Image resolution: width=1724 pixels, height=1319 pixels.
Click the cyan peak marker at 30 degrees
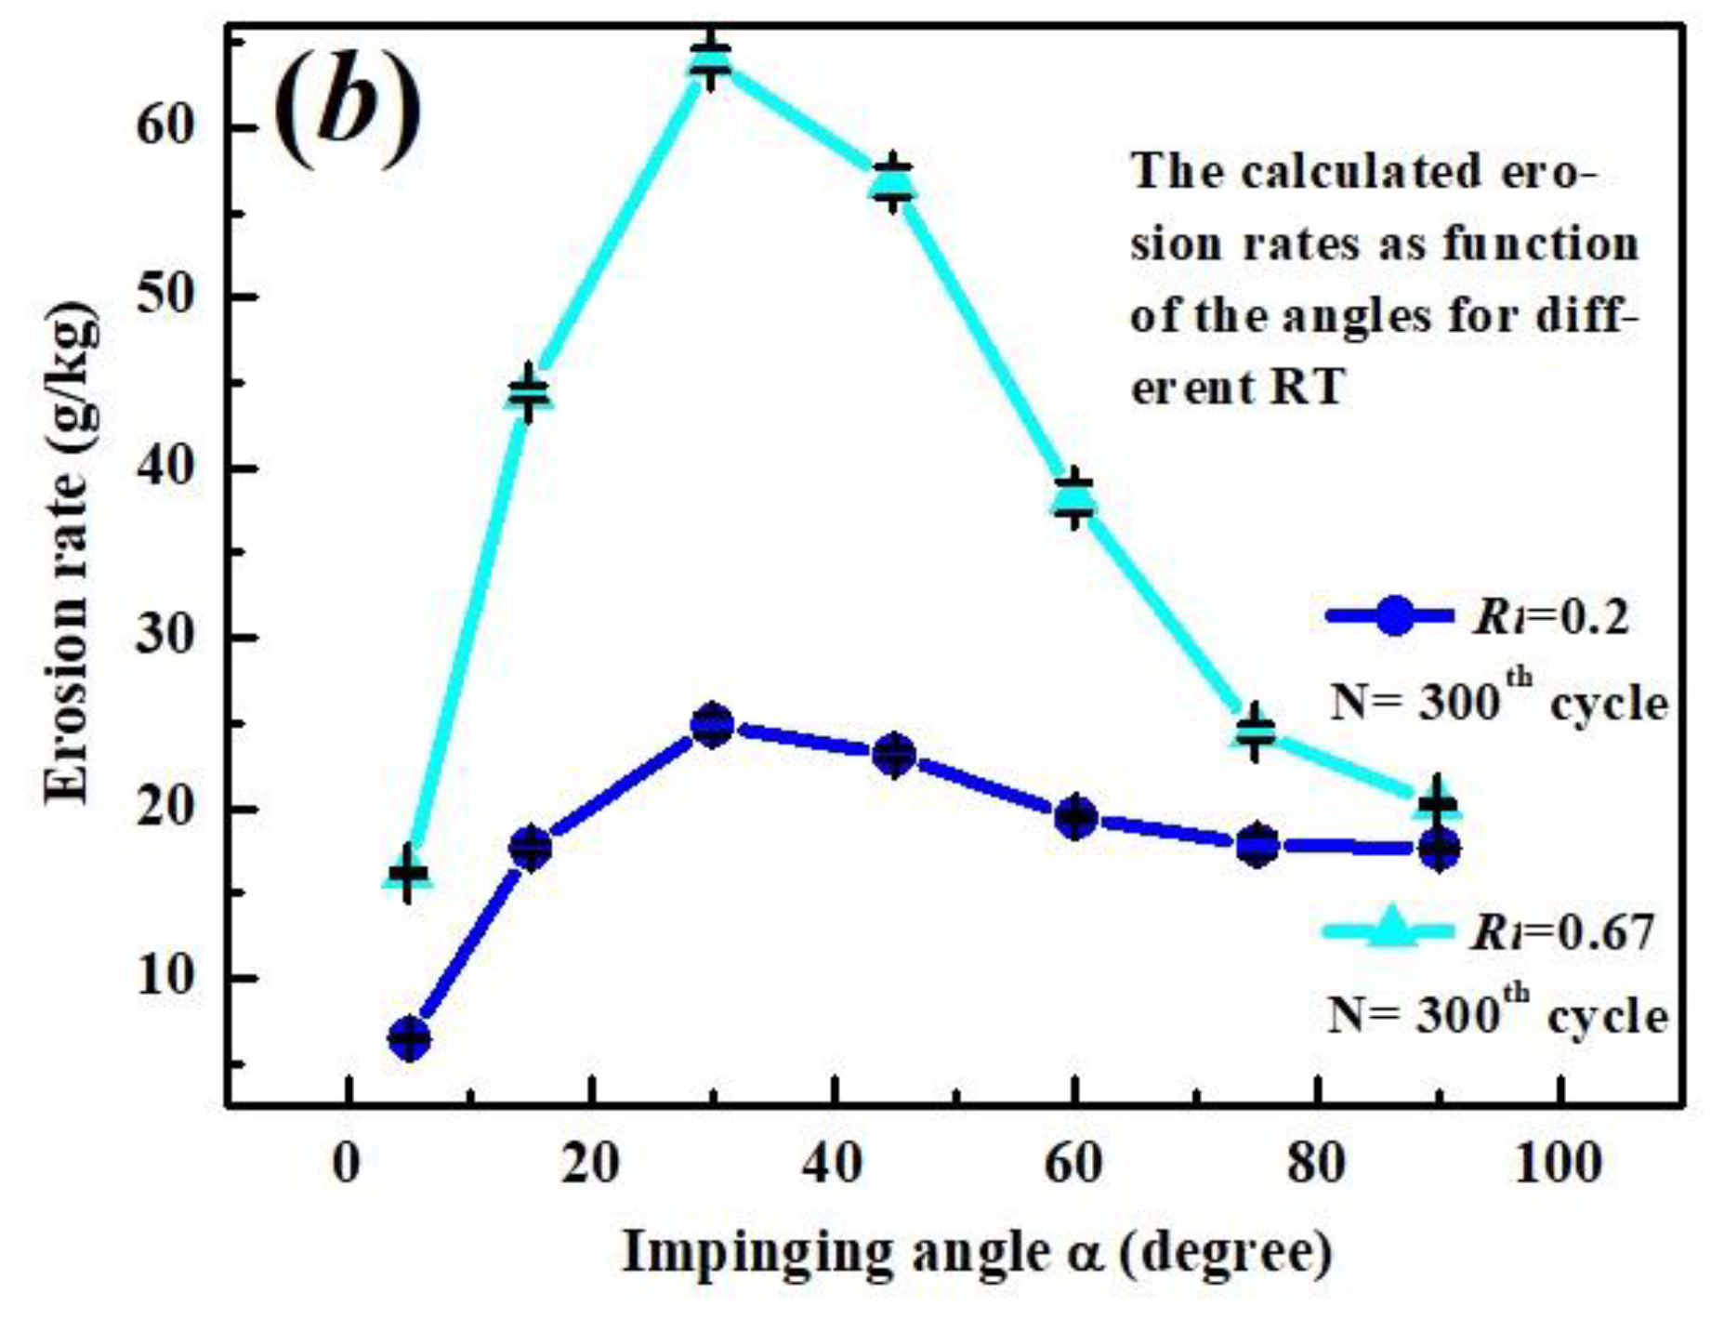711,61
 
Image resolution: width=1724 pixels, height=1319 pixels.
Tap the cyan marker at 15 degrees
529,393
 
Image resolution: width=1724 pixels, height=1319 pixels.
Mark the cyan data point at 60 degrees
1075,498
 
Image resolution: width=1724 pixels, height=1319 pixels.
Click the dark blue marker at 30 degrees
713,725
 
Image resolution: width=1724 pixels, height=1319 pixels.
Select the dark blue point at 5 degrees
410,1038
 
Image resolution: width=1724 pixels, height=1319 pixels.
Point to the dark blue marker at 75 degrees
1257,845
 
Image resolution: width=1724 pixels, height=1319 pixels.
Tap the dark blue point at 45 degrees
894,755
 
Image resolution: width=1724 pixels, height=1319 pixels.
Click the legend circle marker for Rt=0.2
1392,615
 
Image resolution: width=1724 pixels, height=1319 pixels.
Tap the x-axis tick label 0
347,1164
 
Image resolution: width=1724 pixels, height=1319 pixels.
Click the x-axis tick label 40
832,1164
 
